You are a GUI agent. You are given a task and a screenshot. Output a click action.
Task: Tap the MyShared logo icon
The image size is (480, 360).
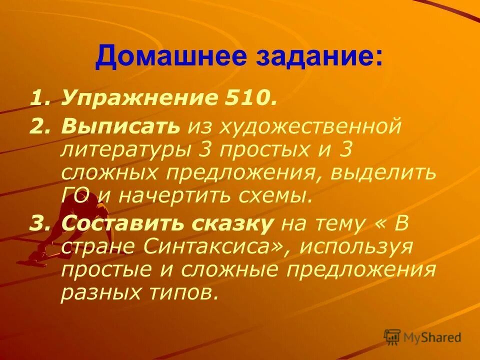pyautogui.click(x=393, y=337)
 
